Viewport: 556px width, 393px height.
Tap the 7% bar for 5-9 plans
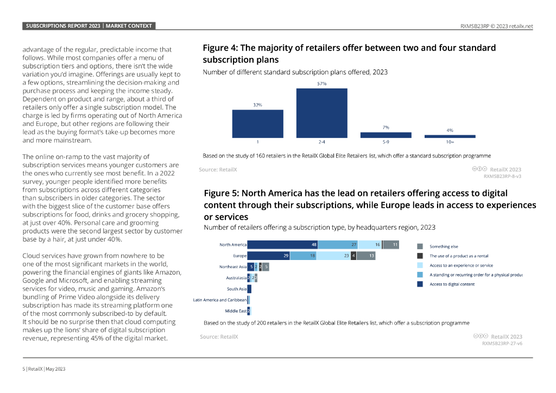click(x=386, y=135)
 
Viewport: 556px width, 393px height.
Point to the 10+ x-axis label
click(x=450, y=142)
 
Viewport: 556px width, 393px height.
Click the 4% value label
click(x=450, y=130)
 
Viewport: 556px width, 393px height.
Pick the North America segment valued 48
click(x=282, y=245)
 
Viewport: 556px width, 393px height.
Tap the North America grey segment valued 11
click(x=391, y=245)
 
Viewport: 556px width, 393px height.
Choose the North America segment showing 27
click(x=338, y=245)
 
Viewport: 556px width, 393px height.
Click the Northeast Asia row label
click(x=232, y=267)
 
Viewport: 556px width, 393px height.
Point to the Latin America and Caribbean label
click(x=220, y=300)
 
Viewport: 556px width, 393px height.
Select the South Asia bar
click(x=249, y=289)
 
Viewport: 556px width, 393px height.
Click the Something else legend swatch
click(x=420, y=246)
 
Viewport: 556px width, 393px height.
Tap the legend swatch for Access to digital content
click(x=420, y=283)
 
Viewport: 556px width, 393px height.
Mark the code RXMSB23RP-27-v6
click(x=502, y=343)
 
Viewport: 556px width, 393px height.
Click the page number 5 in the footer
click(x=24, y=369)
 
